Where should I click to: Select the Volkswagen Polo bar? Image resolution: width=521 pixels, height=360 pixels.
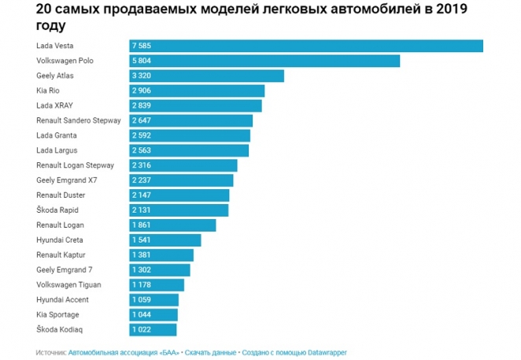[264, 61]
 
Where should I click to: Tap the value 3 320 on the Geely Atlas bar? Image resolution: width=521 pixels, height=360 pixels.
[143, 76]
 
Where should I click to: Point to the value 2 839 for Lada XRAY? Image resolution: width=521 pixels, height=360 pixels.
[143, 106]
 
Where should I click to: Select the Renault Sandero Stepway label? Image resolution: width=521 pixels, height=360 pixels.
[79, 121]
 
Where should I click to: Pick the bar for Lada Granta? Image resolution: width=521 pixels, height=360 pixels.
[189, 135]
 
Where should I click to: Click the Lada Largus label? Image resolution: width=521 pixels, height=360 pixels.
[57, 150]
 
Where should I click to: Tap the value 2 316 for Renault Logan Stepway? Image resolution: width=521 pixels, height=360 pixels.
[143, 165]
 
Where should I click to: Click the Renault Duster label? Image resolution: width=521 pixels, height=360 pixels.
[61, 195]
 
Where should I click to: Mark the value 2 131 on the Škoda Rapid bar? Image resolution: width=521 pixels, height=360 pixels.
[143, 210]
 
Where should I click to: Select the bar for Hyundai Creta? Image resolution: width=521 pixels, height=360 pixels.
[165, 239]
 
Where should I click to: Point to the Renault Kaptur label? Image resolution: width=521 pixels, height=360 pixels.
[61, 254]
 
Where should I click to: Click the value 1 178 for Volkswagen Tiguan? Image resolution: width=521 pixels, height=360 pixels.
[143, 284]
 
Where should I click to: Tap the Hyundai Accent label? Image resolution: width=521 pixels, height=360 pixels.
[62, 299]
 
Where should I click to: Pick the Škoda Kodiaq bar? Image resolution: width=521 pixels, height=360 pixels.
[153, 329]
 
